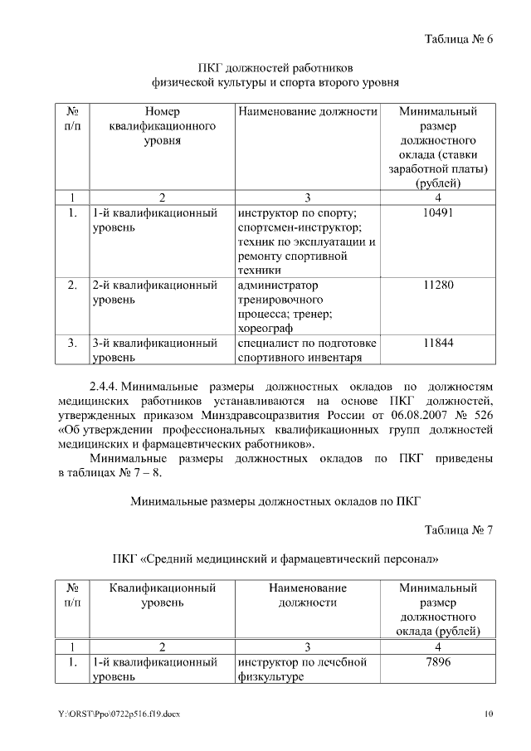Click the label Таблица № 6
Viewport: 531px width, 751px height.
point(459,38)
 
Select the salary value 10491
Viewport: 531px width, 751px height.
point(437,212)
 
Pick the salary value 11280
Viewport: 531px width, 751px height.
point(437,285)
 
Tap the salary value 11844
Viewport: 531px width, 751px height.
point(437,343)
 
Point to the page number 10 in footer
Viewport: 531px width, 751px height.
point(490,714)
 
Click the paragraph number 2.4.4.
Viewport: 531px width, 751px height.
point(105,387)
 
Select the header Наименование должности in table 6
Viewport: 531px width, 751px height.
point(308,110)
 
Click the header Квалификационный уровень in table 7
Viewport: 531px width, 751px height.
point(163,595)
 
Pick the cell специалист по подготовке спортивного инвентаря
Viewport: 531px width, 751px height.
point(307,350)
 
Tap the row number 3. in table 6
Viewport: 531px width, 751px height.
point(72,343)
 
